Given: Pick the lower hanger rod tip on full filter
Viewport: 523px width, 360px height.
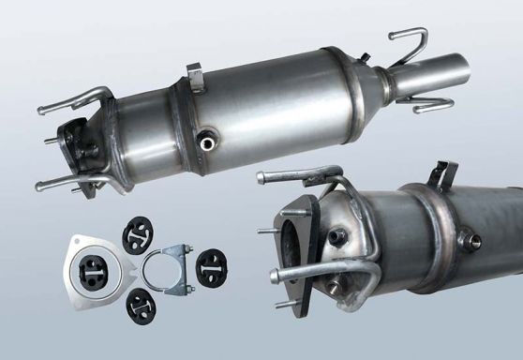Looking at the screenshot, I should (40, 186).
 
